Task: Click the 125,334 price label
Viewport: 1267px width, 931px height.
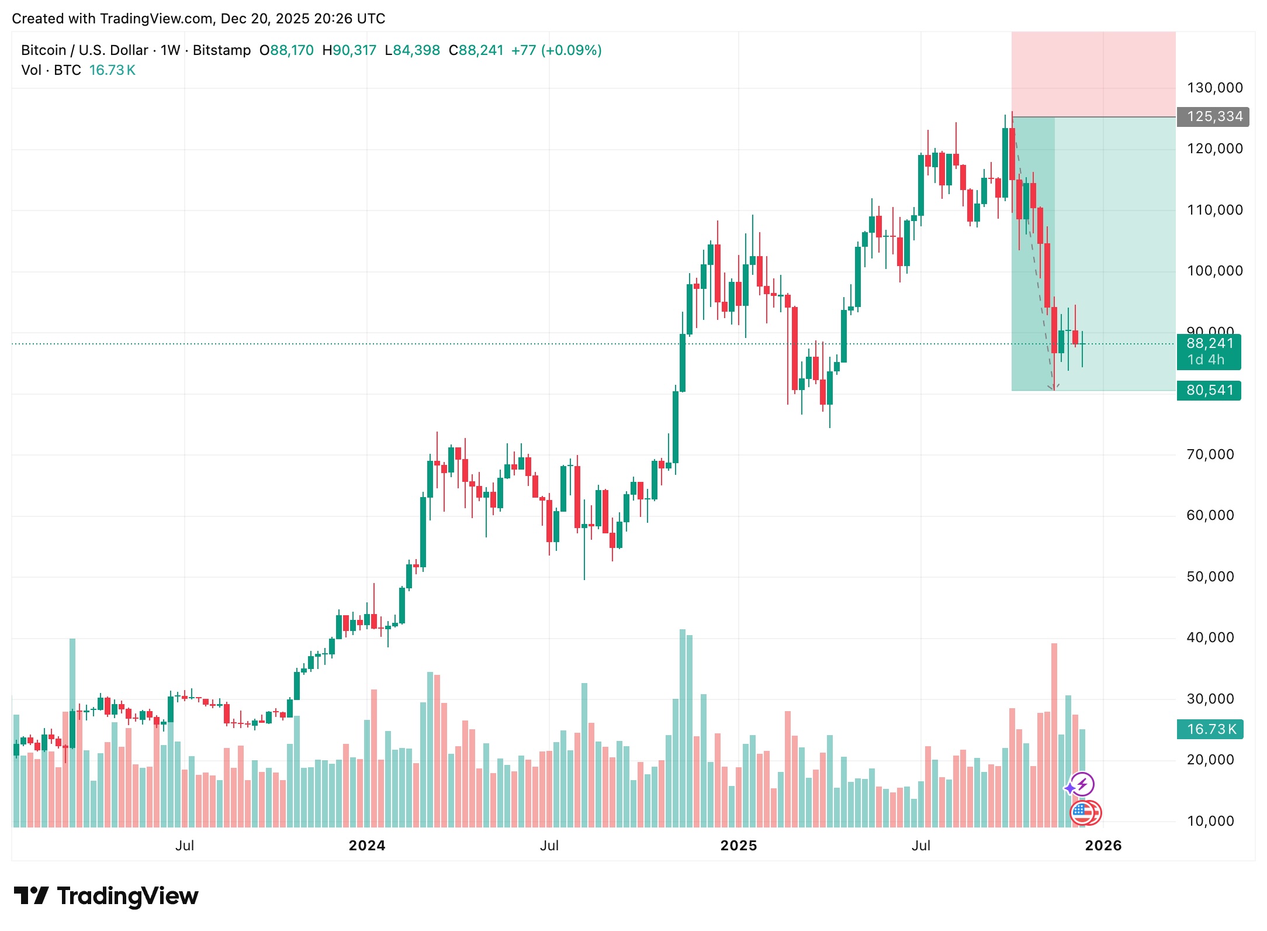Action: (x=1214, y=117)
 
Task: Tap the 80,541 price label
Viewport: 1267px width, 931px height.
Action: (x=1209, y=390)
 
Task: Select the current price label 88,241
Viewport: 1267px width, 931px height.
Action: (x=1209, y=344)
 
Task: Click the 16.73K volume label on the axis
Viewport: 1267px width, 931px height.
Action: (x=1210, y=729)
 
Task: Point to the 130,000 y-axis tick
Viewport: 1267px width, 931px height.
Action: (x=1214, y=88)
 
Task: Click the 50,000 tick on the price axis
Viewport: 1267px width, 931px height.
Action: (x=1210, y=577)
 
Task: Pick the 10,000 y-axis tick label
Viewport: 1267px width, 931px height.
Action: (x=1210, y=821)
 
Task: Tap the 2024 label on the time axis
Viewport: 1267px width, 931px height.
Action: (x=367, y=846)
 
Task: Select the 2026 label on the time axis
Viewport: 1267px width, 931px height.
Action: (x=1103, y=846)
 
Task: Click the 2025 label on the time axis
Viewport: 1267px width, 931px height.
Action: (x=738, y=846)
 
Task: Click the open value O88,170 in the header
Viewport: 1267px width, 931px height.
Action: (x=286, y=50)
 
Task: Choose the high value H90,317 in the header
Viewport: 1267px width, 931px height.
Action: (x=349, y=50)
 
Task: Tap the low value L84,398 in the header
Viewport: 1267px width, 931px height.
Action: (x=412, y=50)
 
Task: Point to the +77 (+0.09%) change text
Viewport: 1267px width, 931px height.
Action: (x=556, y=50)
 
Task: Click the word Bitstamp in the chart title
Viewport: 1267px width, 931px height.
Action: (x=221, y=50)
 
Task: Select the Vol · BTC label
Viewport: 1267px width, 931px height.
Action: (x=51, y=70)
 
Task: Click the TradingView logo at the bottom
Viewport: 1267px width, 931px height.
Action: (x=106, y=896)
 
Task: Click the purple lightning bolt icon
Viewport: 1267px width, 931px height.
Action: (x=1082, y=784)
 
